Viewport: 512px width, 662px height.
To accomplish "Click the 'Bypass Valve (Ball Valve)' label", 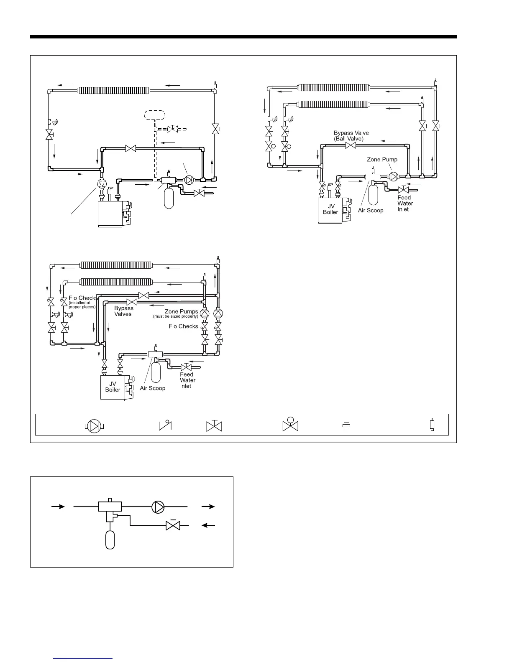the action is tap(351, 135).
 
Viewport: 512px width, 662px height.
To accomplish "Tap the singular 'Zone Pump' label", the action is tap(382, 159).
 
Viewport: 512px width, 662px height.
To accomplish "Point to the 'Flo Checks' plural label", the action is tap(183, 326).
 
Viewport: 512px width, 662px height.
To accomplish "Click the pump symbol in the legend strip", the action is tap(95, 426).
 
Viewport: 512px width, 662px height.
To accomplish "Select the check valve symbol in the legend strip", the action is tap(165, 425).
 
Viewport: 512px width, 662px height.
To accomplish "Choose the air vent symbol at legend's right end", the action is tap(432, 425).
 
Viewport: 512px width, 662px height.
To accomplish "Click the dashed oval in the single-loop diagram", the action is tap(154, 115).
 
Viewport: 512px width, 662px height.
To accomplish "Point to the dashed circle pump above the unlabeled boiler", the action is tap(102, 184).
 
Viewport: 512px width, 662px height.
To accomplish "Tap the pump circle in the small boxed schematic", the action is tap(158, 507).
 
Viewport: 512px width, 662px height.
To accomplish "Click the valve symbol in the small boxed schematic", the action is tap(173, 525).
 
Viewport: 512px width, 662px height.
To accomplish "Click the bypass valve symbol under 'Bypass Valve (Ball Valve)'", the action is tap(351, 145).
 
